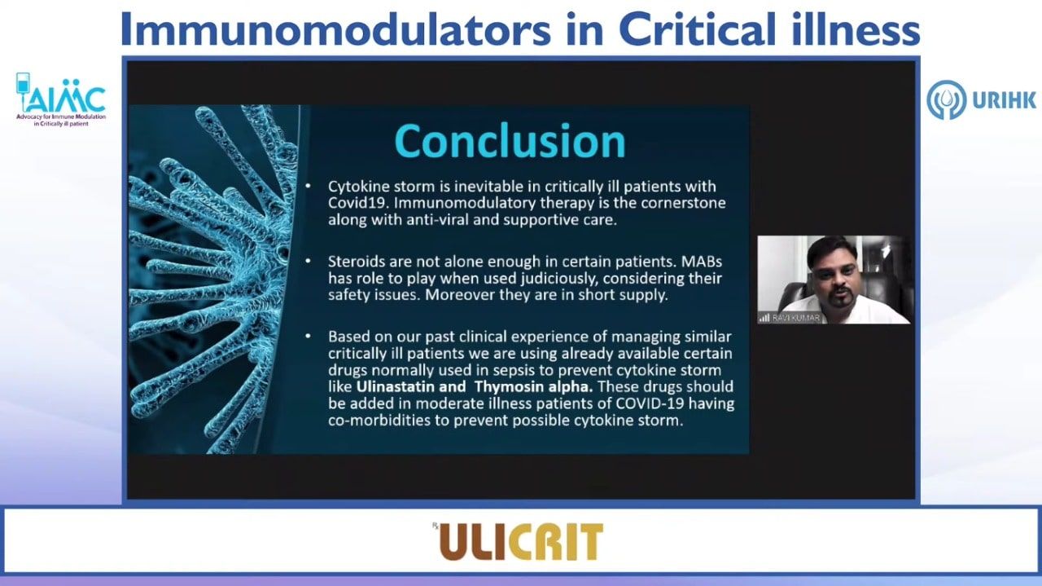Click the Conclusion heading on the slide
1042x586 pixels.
point(510,141)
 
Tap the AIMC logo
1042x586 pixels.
point(61,99)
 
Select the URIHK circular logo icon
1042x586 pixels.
point(946,99)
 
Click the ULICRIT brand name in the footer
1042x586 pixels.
point(521,541)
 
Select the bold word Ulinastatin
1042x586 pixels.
point(396,386)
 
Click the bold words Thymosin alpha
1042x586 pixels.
point(534,386)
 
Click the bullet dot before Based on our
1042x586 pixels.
point(308,336)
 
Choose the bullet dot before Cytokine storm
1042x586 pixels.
point(308,186)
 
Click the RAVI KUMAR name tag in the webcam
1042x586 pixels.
point(796,318)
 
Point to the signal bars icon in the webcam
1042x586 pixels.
point(764,318)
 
